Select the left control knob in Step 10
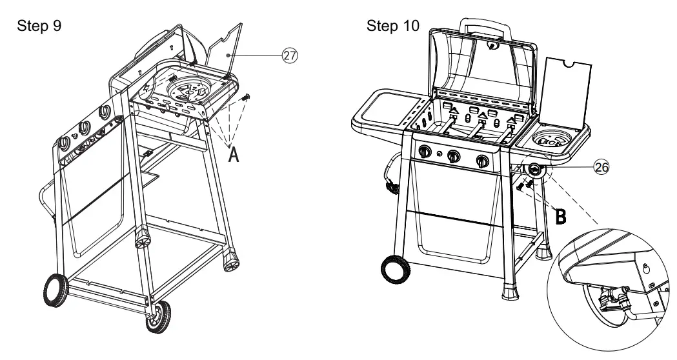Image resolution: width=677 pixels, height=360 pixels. tap(425, 152)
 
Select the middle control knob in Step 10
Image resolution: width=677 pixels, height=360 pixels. tap(454, 156)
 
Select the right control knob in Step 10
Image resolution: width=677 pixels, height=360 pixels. tap(481, 161)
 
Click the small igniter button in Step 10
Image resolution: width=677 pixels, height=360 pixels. tap(440, 154)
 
